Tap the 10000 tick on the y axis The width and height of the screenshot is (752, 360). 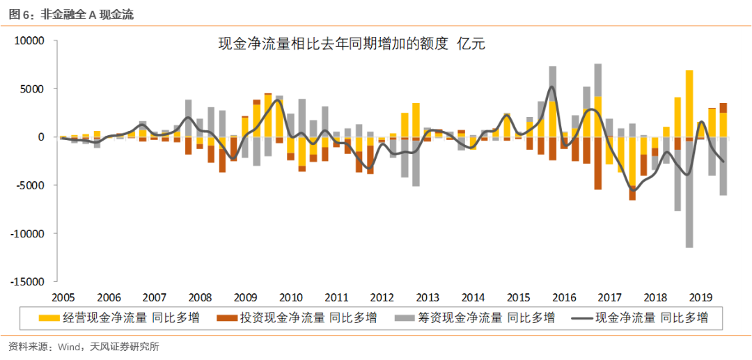29,41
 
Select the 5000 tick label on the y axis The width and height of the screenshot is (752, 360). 32,89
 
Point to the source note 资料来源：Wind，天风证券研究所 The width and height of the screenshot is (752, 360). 84,346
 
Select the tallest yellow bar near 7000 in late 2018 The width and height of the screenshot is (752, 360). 689,104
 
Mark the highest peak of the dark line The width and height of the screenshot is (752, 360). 551,87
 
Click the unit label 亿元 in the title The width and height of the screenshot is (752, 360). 469,45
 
